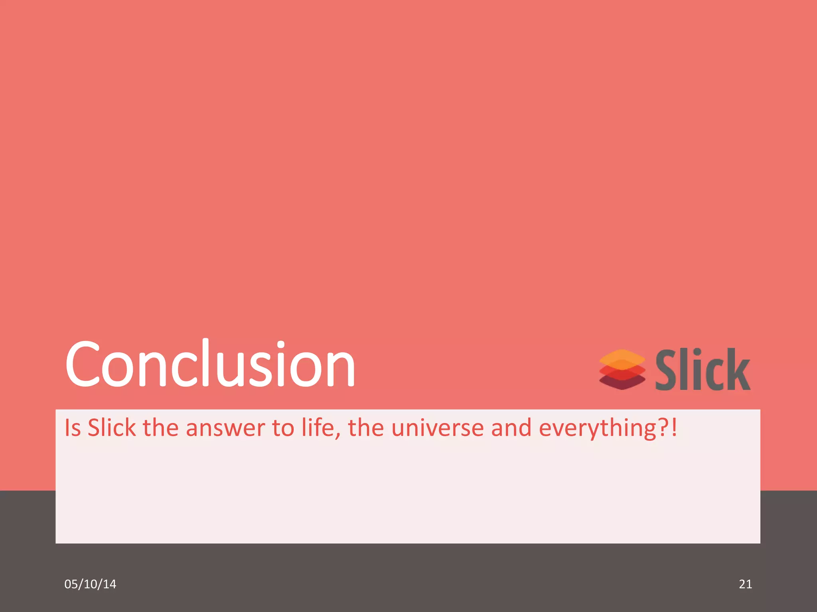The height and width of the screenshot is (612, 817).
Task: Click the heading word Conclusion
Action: point(210,365)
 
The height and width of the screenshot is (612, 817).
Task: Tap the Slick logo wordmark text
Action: point(703,369)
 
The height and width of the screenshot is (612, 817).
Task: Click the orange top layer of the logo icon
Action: point(622,357)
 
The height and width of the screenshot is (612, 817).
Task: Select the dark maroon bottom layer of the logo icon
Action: point(622,383)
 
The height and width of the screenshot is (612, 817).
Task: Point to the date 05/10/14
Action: point(90,584)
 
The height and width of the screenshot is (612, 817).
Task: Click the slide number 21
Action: point(745,584)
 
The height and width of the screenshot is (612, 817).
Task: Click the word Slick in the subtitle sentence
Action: point(112,428)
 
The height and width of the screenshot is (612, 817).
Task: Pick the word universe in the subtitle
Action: point(438,428)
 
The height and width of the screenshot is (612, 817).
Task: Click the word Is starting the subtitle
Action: point(73,428)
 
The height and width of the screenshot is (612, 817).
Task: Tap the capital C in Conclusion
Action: point(83,365)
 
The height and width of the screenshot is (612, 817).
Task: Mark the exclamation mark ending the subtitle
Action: point(674,428)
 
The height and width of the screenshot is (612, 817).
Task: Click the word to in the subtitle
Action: point(283,428)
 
